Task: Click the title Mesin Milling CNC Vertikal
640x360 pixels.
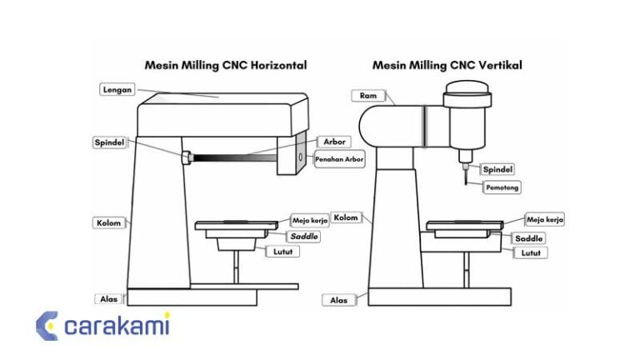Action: point(447,65)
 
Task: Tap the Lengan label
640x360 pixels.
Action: point(117,89)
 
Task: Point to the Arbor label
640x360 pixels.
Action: point(334,142)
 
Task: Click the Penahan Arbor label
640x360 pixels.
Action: point(340,159)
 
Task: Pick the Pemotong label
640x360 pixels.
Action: point(502,187)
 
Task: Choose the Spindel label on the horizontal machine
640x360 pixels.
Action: point(108,142)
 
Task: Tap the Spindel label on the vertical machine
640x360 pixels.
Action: point(497,169)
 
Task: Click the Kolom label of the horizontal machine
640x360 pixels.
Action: point(109,222)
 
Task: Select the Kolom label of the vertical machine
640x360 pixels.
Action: point(346,217)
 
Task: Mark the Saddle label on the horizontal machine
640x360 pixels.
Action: point(304,237)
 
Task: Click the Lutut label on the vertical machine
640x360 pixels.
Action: point(532,252)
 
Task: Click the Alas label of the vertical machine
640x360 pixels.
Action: point(339,300)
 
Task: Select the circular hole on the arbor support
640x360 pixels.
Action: point(298,156)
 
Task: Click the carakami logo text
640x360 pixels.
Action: point(117,326)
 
